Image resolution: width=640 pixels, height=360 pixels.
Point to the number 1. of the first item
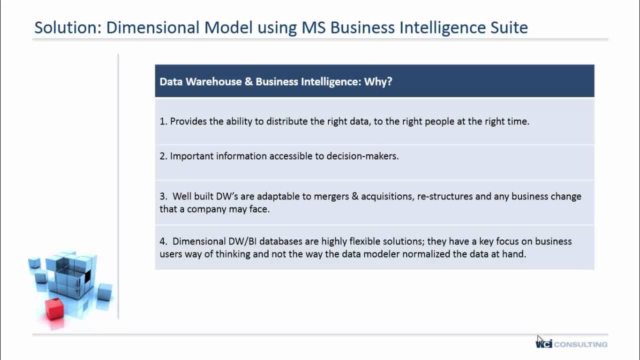(x=163, y=121)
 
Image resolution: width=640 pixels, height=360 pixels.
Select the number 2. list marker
(x=163, y=156)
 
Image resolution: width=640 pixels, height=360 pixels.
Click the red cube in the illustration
(x=54, y=308)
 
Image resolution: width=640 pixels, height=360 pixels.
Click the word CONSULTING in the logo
(x=580, y=344)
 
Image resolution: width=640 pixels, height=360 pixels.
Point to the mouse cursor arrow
(x=539, y=339)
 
